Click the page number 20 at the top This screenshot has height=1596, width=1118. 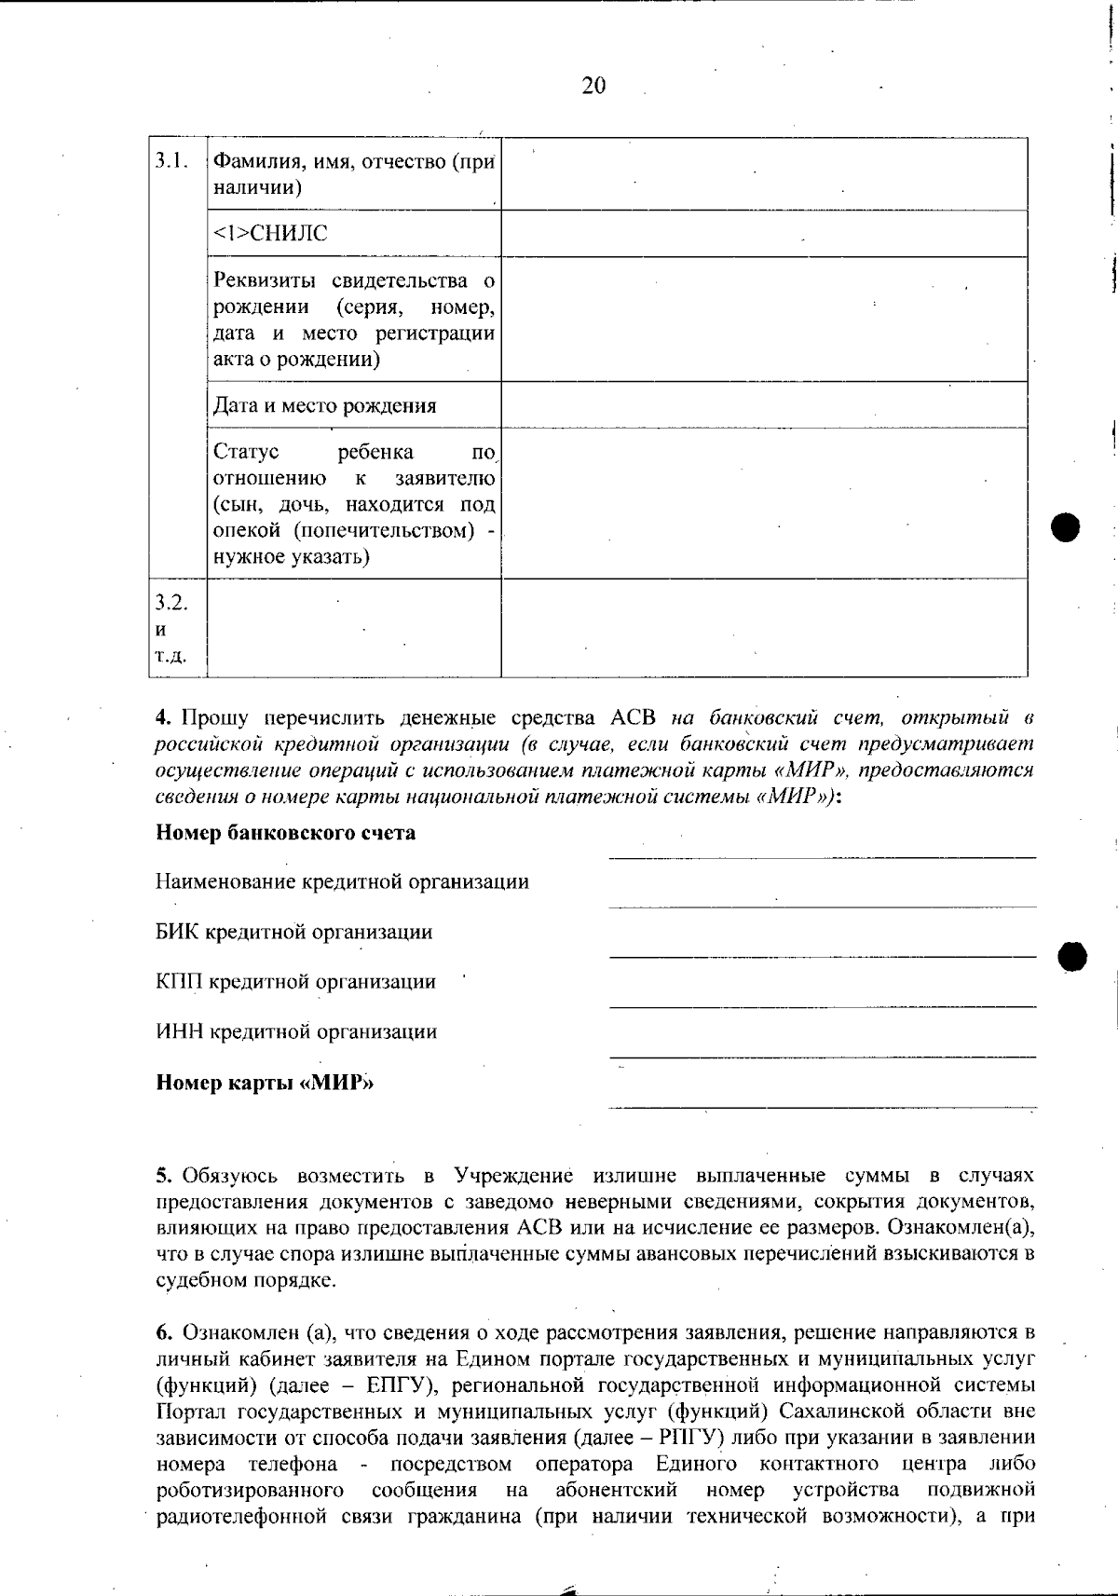coord(593,86)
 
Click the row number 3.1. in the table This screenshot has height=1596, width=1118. coord(171,160)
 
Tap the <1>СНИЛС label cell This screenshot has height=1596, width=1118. coord(271,234)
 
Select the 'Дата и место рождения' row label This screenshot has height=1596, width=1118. coord(324,405)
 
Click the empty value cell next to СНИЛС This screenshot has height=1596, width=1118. coord(764,234)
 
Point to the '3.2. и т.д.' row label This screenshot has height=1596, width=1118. coord(171,628)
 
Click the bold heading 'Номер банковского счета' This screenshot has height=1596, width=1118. coord(285,832)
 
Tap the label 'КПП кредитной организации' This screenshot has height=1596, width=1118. coord(295,981)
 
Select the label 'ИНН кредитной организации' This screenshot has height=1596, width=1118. coord(295,1031)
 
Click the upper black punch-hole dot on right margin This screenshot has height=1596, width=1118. coord(1065,527)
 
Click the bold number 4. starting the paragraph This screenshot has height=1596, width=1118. coord(164,718)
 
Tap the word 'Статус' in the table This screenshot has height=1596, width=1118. coord(246,453)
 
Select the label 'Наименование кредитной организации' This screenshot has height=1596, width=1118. coord(342,881)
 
